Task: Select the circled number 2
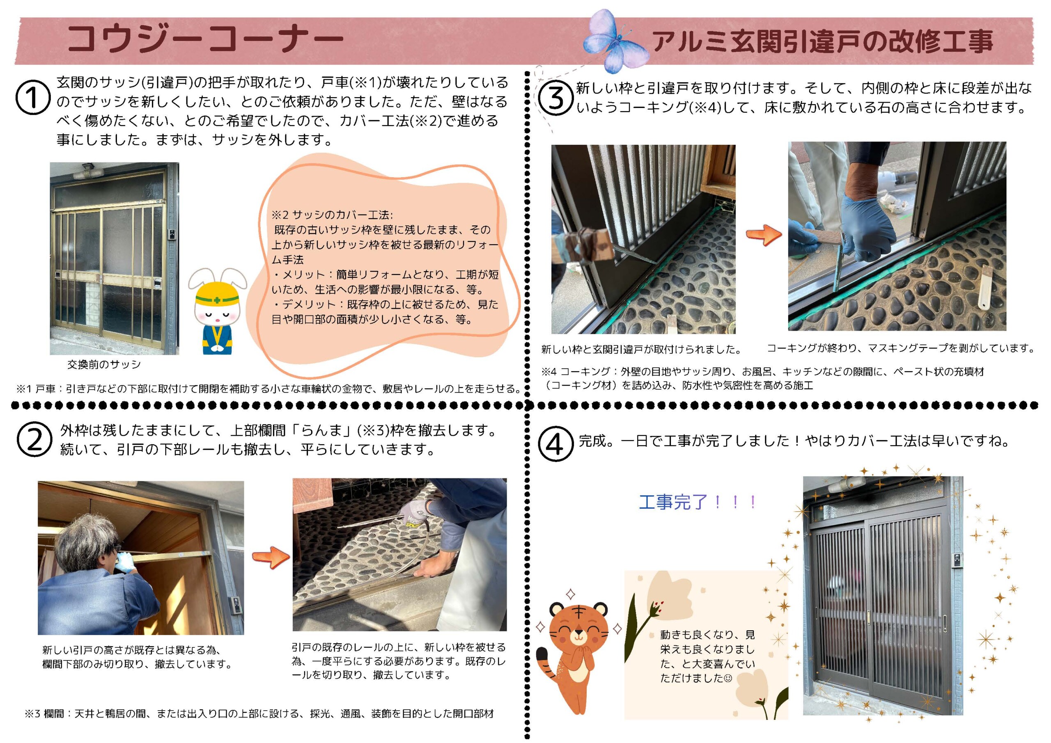(x=34, y=440)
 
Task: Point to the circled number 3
(x=555, y=98)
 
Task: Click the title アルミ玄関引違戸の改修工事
(x=823, y=41)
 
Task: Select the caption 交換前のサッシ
(x=104, y=365)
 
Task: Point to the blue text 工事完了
(x=673, y=502)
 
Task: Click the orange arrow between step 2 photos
(x=271, y=557)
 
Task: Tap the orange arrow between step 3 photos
(x=764, y=235)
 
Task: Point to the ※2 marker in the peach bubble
(x=280, y=215)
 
